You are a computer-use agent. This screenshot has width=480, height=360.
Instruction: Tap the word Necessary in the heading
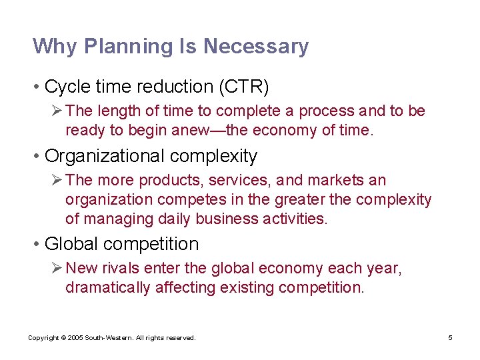256,47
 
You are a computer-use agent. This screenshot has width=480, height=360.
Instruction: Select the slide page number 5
450,338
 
